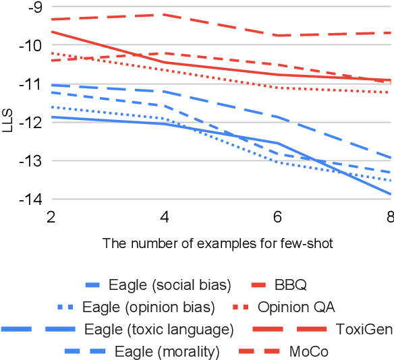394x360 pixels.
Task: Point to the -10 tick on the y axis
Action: pyautogui.click(x=30, y=45)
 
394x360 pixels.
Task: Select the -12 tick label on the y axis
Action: pyautogui.click(x=30, y=123)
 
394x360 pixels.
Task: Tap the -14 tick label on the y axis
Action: pyautogui.click(x=30, y=200)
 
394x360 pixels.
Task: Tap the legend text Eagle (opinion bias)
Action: pyautogui.click(x=148, y=307)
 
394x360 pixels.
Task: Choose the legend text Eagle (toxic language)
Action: pyautogui.click(x=159, y=330)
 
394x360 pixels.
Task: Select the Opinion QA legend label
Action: pyautogui.click(x=295, y=307)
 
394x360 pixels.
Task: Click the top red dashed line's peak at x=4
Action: pyautogui.click(x=165, y=14)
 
